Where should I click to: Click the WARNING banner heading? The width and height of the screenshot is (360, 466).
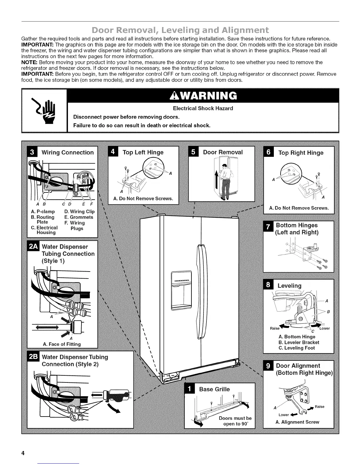[203, 95]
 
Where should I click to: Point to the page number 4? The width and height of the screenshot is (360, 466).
[22, 453]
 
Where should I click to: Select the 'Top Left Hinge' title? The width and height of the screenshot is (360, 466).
[143, 152]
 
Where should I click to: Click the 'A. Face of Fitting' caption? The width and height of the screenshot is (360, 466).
[62, 344]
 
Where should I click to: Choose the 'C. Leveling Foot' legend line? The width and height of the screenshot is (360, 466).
[296, 348]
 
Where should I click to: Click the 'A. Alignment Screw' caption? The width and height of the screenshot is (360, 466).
[297, 422]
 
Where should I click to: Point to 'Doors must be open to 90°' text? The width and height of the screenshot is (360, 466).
[235, 421]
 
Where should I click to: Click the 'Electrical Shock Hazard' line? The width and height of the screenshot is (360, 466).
[203, 108]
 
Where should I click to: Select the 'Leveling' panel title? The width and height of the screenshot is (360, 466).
[289, 286]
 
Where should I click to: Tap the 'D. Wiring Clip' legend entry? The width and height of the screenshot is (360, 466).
[79, 212]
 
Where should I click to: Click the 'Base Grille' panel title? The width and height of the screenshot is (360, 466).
[214, 389]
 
